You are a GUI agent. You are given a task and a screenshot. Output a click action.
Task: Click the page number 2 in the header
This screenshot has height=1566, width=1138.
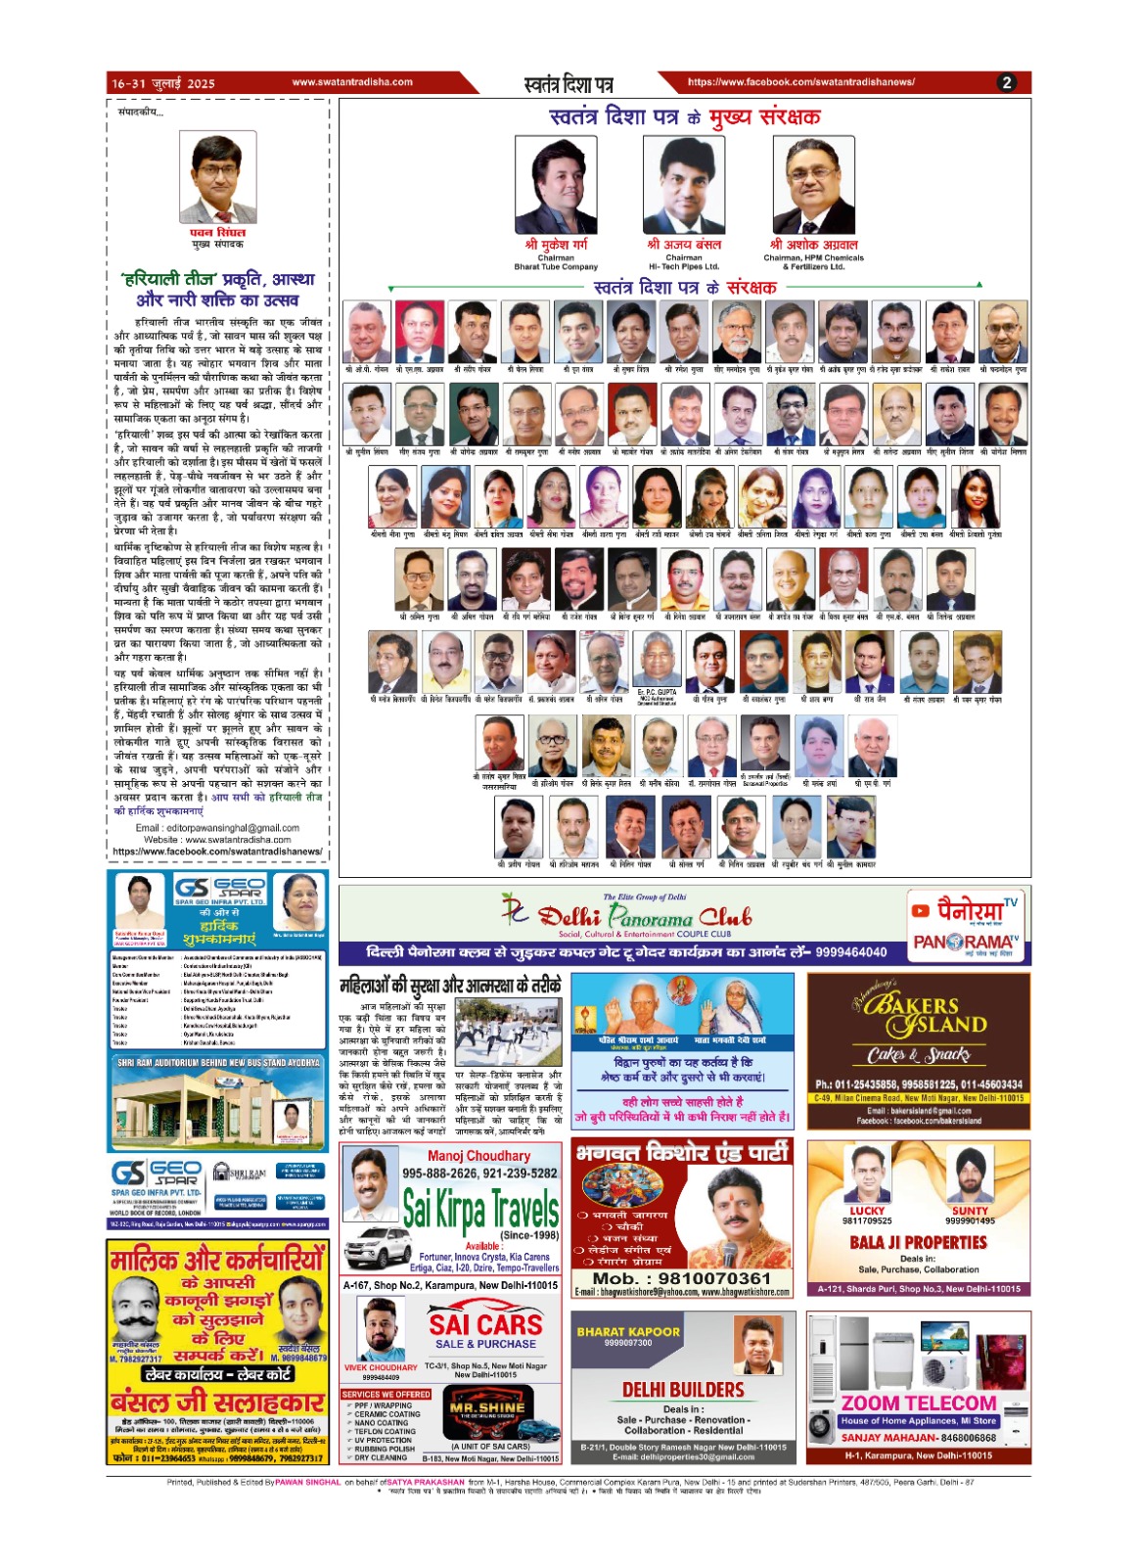pyautogui.click(x=1007, y=83)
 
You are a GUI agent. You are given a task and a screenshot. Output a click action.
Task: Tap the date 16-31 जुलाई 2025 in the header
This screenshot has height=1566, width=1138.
pyautogui.click(x=163, y=83)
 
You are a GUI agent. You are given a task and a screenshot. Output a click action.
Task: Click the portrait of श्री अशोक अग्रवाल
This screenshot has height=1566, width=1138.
pyautogui.click(x=813, y=184)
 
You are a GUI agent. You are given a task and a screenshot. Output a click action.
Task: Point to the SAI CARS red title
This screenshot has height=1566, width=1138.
pyautogui.click(x=485, y=1324)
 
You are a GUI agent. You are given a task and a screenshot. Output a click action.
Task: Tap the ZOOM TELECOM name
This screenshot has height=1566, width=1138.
pyautogui.click(x=919, y=1404)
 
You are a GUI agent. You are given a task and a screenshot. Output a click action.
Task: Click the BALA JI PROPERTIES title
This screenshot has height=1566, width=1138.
pyautogui.click(x=918, y=1242)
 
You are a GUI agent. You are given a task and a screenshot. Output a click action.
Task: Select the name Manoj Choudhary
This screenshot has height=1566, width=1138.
pyautogui.click(x=478, y=1156)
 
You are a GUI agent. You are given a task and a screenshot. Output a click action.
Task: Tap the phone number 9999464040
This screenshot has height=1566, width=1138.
pyautogui.click(x=850, y=952)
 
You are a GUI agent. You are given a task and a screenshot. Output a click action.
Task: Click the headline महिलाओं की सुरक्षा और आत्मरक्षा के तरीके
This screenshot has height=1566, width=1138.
pyautogui.click(x=450, y=986)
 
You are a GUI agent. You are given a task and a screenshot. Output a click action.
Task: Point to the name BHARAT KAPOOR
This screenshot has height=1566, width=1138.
pyautogui.click(x=628, y=1331)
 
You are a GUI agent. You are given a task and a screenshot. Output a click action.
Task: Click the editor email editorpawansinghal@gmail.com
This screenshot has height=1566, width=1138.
pyautogui.click(x=217, y=828)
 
